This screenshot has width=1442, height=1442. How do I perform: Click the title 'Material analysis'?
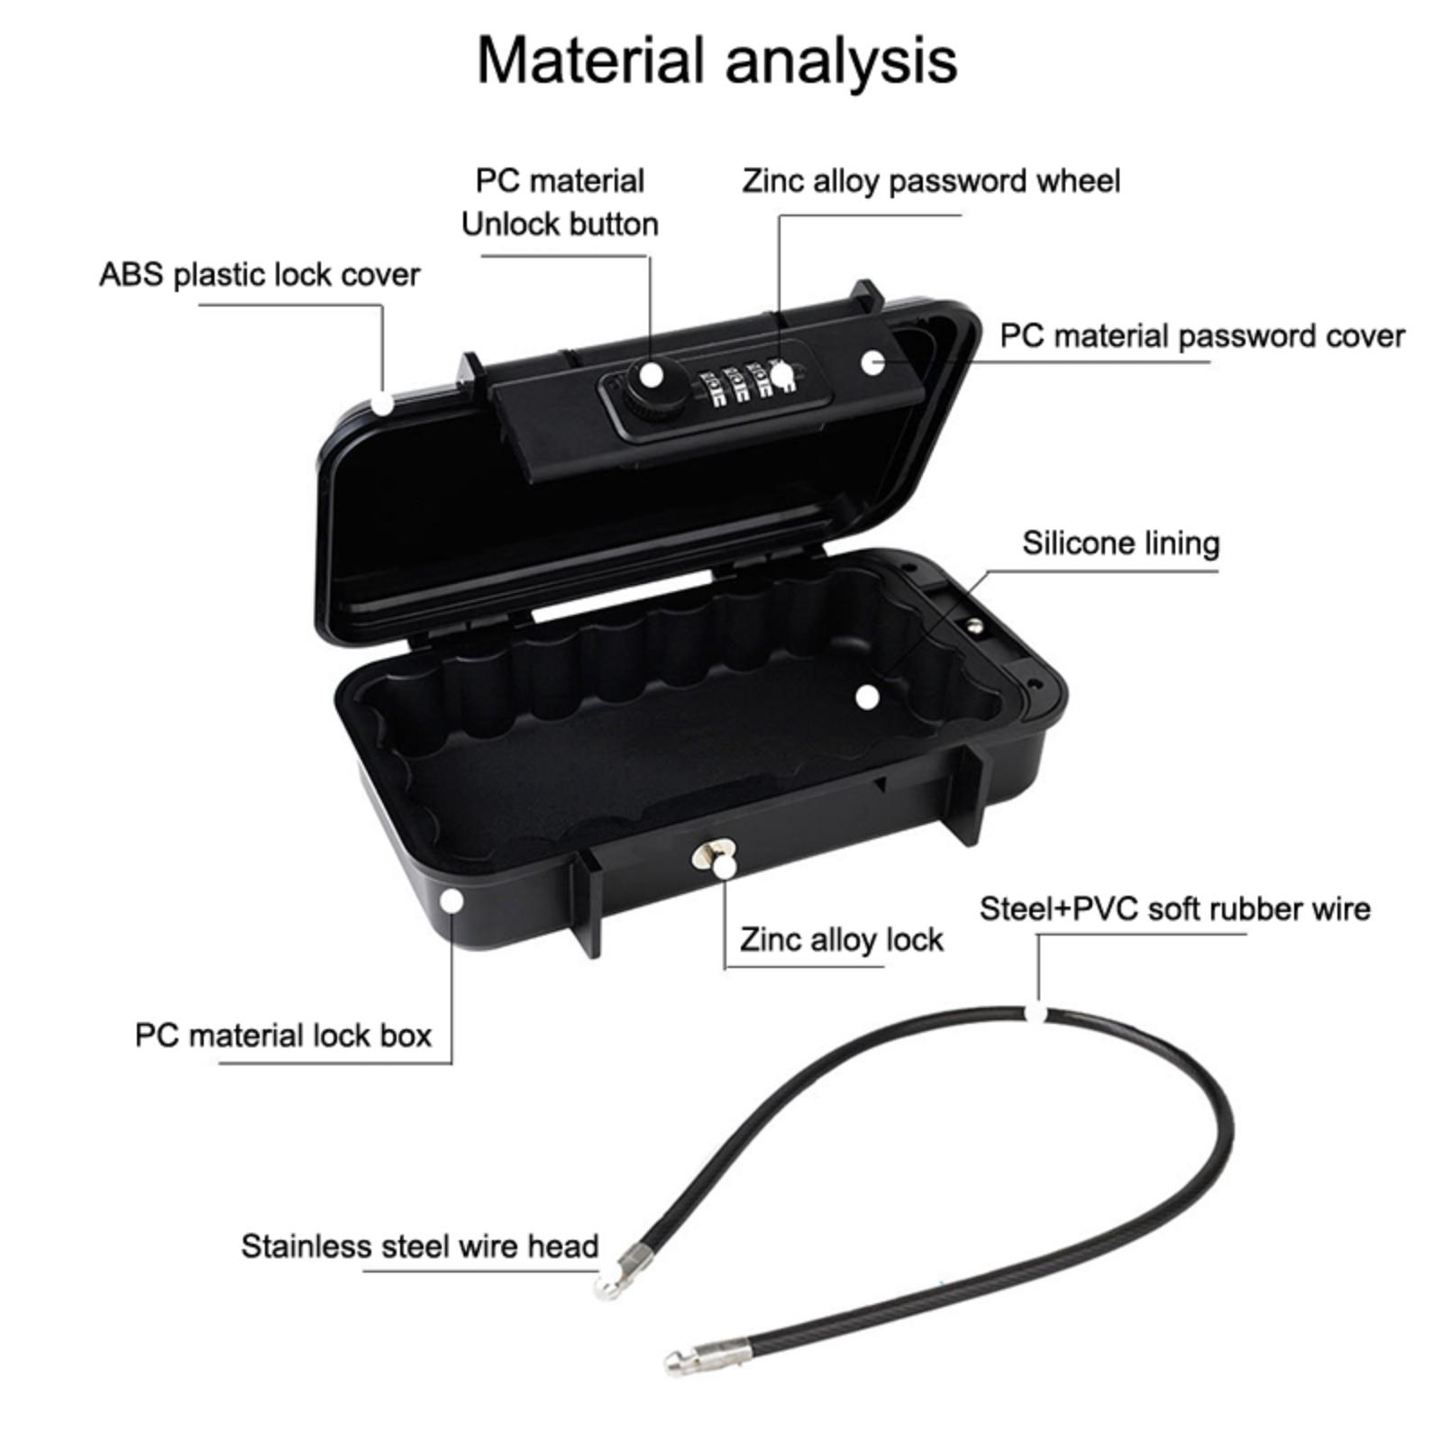(x=716, y=61)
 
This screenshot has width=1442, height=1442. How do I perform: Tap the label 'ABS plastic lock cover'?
(x=260, y=275)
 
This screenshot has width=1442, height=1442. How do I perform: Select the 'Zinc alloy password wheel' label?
(x=931, y=181)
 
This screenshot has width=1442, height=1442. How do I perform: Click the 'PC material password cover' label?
(x=1201, y=336)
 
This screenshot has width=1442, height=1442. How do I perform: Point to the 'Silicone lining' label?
(x=1120, y=543)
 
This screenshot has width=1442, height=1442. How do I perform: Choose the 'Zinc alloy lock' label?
(x=841, y=940)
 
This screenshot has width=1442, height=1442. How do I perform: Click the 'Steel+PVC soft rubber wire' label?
(x=1174, y=909)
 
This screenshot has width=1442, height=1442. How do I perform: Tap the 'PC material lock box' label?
(x=283, y=1036)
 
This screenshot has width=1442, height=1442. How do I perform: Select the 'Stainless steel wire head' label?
(x=419, y=1246)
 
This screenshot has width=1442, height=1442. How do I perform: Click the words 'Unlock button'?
(x=560, y=224)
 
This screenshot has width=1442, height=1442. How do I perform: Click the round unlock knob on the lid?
(x=647, y=386)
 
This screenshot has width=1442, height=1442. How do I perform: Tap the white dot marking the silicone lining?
(x=867, y=697)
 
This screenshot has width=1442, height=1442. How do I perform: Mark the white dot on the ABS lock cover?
(x=383, y=403)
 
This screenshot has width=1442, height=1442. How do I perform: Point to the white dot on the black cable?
(x=1039, y=1014)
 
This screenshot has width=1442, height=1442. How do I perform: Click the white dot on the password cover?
(x=872, y=362)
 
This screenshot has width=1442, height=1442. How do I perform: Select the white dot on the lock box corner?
(x=452, y=900)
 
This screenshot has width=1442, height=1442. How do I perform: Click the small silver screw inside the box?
(x=974, y=624)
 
